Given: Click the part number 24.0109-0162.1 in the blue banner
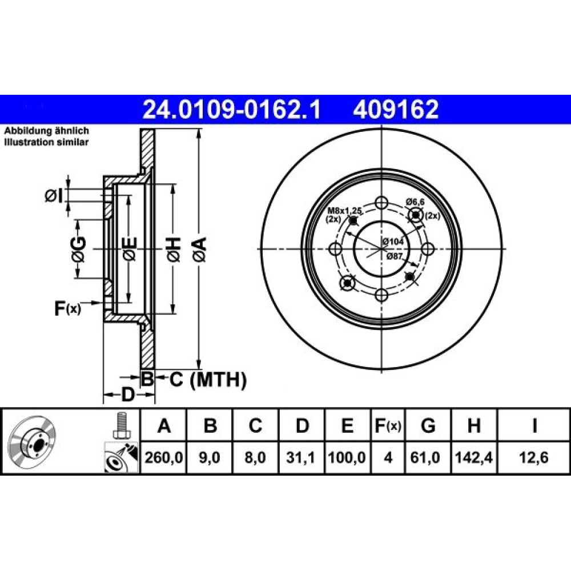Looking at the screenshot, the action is point(232,109).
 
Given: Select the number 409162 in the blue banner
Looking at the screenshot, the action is point(396,109).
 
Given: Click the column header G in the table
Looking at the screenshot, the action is point(428,425).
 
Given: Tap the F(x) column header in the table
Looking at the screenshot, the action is point(388,425).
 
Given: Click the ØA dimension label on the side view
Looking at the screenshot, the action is point(200,250).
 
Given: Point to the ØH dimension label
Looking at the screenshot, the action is point(174,250).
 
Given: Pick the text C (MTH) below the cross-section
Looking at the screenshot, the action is point(208,380).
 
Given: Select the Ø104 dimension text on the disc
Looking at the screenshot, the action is point(393,241).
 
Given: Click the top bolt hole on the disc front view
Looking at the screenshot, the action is point(381,203).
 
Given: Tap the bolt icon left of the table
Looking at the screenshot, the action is point(121,425).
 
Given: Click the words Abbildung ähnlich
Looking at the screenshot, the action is point(47,131).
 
